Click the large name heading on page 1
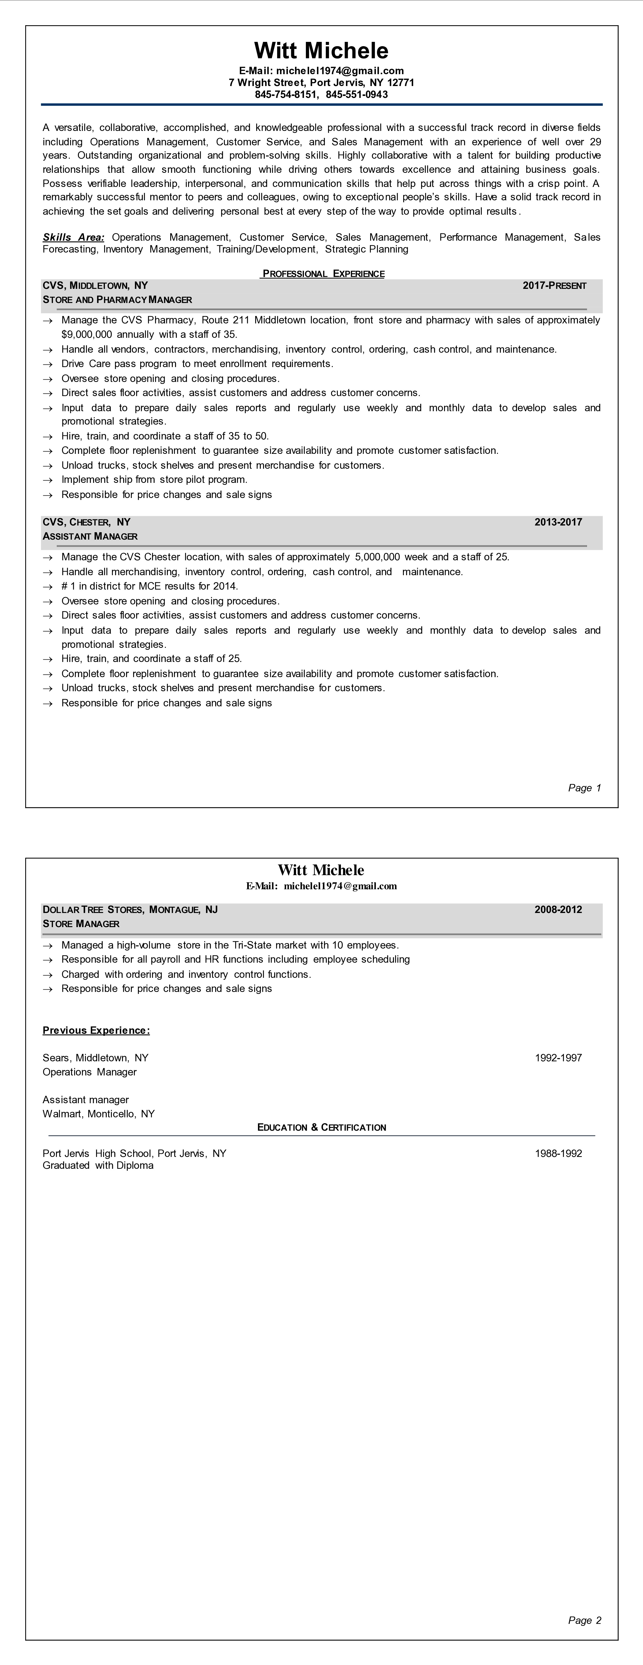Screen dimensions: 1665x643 pyautogui.click(x=321, y=50)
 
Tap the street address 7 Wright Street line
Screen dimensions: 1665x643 pyautogui.click(x=321, y=83)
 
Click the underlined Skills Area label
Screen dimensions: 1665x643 pyautogui.click(x=73, y=237)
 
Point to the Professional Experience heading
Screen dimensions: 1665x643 pyautogui.click(x=323, y=273)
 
